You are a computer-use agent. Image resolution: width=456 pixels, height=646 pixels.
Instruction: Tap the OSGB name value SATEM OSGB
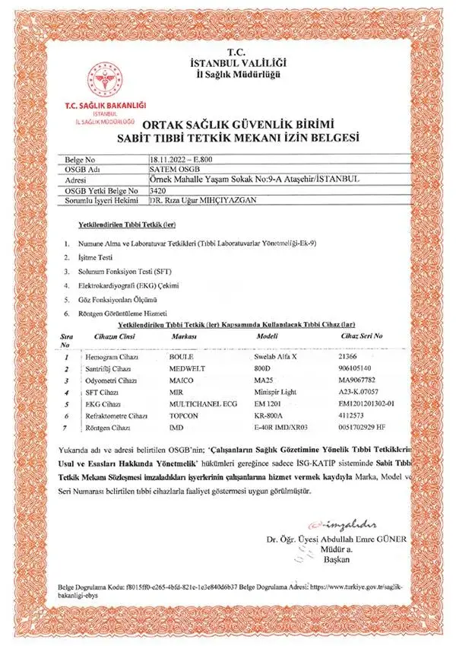tap(173, 169)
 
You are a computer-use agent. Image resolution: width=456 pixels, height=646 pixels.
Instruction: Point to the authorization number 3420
tap(160, 189)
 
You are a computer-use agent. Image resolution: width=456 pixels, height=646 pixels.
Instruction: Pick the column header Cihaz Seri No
tap(362, 336)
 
